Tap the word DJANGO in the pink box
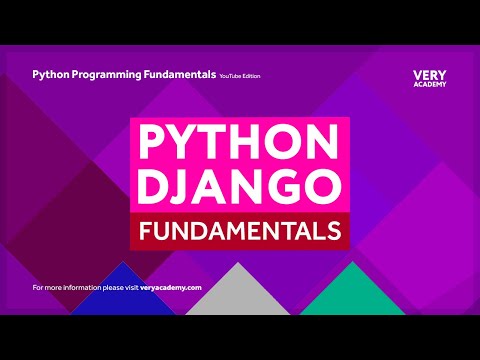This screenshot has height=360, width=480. point(240,185)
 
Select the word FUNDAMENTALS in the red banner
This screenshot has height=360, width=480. point(240,231)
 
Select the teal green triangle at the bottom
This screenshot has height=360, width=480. point(344,294)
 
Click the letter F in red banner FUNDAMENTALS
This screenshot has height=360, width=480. point(145,231)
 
